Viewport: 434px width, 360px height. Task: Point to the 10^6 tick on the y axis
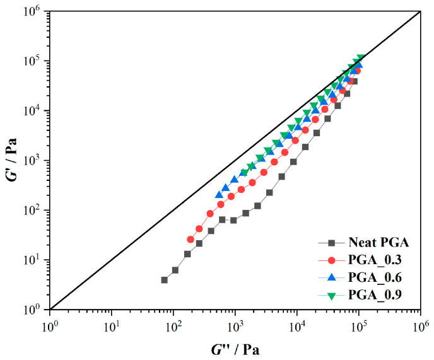(x=49, y=11)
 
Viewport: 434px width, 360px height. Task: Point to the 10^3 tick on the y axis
(x=49, y=160)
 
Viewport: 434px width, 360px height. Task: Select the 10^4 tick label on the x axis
(x=296, y=325)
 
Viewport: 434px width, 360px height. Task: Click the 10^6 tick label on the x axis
(x=420, y=325)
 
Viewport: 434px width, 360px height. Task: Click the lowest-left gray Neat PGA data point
(x=165, y=279)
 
